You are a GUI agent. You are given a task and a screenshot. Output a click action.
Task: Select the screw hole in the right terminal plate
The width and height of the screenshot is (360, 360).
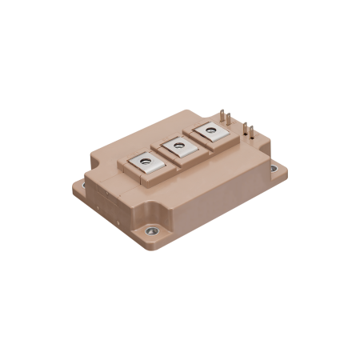(210, 130)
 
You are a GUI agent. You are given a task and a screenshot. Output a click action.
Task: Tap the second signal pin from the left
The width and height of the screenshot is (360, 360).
(226, 118)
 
